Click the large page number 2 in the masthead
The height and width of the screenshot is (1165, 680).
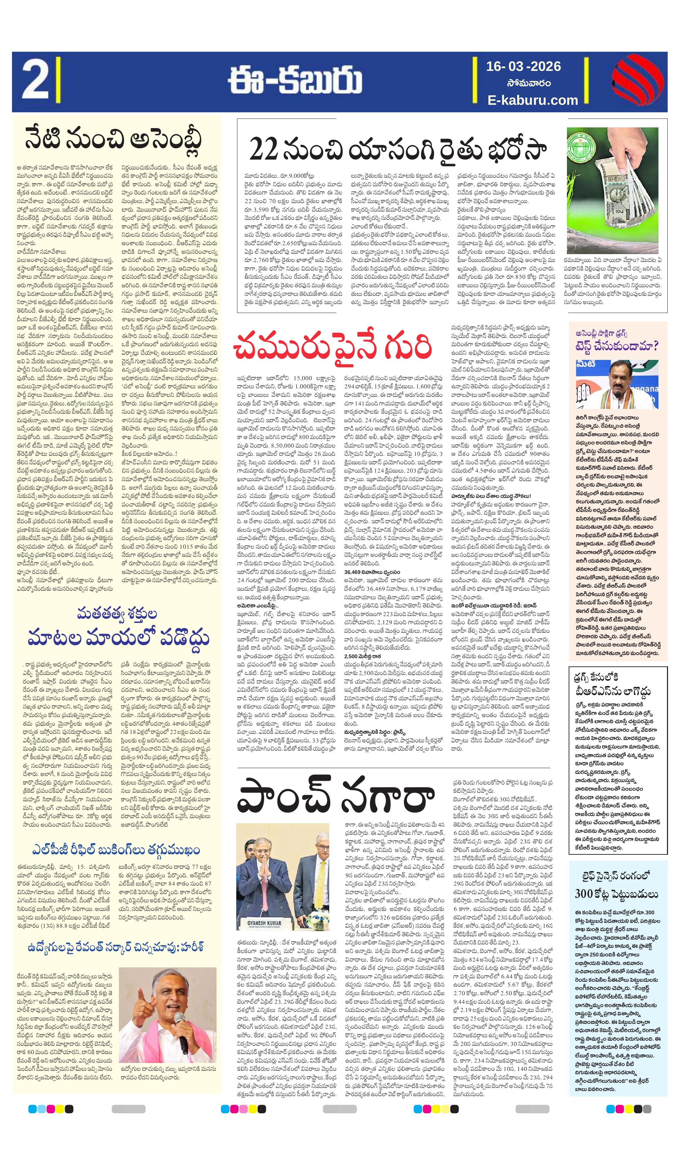pyautogui.click(x=34, y=82)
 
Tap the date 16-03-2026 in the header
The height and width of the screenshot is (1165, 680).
pyautogui.click(x=523, y=67)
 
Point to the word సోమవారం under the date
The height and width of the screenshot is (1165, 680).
pyautogui.click(x=524, y=84)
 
